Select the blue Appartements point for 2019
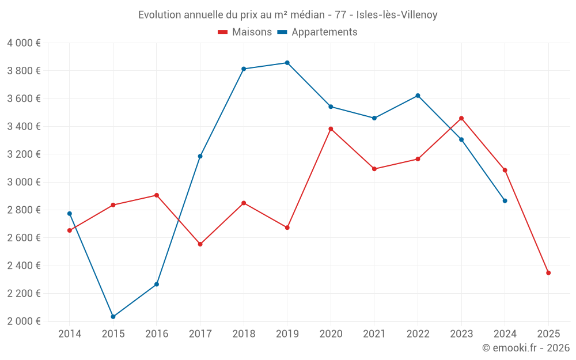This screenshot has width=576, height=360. coord(287,63)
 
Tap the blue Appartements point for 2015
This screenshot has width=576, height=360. coord(113,317)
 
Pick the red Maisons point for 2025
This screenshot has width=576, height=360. coord(548,273)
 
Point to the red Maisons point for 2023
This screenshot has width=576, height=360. coord(461,118)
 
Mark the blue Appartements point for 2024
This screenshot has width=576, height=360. coord(505,200)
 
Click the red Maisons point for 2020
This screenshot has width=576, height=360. coord(331,129)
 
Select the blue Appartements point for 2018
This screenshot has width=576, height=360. coord(244,69)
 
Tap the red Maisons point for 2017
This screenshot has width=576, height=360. coord(200,244)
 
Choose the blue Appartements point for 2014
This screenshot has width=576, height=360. coord(70,214)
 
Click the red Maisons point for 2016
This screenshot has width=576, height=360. coord(157,195)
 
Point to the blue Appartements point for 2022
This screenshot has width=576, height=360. coord(418,96)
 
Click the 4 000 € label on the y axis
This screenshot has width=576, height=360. coord(24,43)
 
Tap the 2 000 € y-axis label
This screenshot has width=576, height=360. coord(24,321)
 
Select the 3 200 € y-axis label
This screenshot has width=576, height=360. coord(24,154)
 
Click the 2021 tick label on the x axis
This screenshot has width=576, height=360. coord(374,334)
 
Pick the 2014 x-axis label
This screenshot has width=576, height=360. coord(70,334)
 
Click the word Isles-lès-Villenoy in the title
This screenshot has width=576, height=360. coord(397,15)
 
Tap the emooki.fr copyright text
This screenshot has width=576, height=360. coord(525,348)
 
